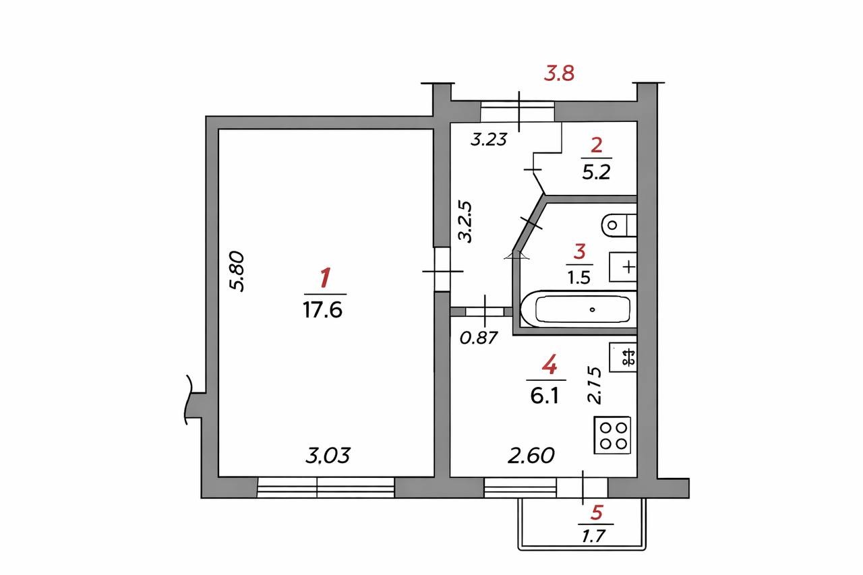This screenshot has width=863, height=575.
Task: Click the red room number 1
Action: pos(325,278)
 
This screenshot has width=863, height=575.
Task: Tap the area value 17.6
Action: pos(322,310)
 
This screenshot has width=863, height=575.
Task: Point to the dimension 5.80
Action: pos(237,272)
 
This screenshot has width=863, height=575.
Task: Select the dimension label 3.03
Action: pos(328,456)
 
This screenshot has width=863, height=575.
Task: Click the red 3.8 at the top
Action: pos(559,73)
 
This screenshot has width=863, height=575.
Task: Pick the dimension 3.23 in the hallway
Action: pos(489,140)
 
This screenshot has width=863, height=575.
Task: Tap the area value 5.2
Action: pos(596,173)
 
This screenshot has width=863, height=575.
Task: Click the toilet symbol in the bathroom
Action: pos(619,225)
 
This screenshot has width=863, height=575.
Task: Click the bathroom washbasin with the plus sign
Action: pos(622,267)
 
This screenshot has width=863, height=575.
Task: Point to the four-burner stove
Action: pos(612,435)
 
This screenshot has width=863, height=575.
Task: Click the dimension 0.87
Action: pos(479,338)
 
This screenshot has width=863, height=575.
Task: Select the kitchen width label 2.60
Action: pos(531,456)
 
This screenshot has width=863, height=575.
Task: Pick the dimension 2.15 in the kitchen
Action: pos(594,386)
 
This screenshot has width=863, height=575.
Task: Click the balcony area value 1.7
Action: pos(594,537)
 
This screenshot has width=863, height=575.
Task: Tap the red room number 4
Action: pos(549,364)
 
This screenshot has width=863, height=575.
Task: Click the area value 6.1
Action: pos(545,396)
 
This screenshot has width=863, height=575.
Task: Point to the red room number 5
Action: pos(597,512)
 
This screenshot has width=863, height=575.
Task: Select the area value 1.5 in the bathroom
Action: pos(579,276)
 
